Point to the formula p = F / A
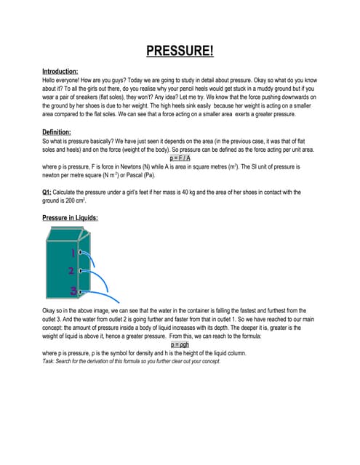tap(180, 158)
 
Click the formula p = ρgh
tap(180, 344)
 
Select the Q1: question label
tap(50, 192)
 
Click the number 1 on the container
tap(73, 253)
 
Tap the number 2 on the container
tap(71, 271)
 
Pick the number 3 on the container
tap(73, 291)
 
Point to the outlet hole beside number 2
tap(79, 271)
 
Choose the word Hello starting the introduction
tap(51, 81)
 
